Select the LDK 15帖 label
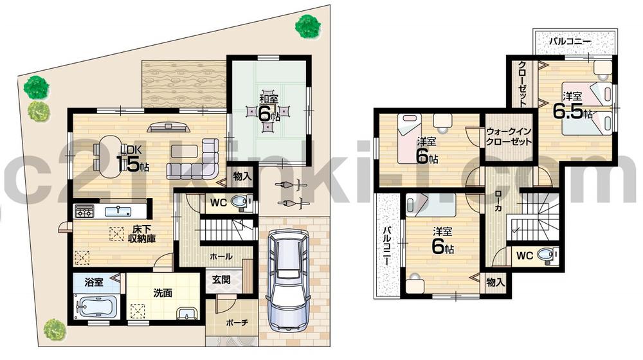click(132, 157)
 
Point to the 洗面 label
click(162, 292)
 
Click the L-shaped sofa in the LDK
click(193, 163)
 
